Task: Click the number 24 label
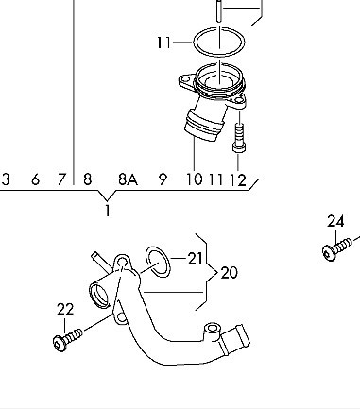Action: pos(335,221)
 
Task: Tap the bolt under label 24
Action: pos(336,249)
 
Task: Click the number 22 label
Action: pos(65,309)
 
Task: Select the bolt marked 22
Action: pos(67,339)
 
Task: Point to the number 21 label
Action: pos(195,259)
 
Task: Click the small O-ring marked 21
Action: pos(158,262)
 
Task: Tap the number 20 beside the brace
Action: pos(229,273)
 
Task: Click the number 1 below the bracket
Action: pos(108,211)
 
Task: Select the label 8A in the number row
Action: pos(129,179)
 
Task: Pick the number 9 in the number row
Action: pos(163,179)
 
